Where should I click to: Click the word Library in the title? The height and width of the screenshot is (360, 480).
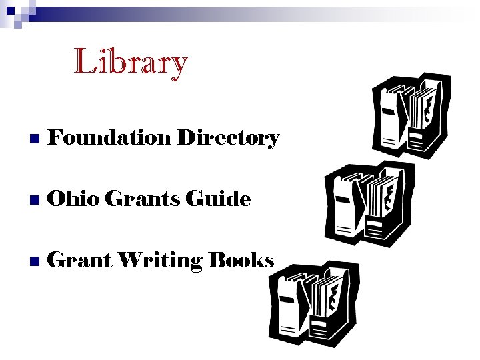[131, 62]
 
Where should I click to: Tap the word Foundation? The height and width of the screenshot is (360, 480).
[110, 137]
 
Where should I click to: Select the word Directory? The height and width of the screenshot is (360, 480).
[228, 139]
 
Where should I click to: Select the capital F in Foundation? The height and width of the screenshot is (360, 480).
[57, 137]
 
